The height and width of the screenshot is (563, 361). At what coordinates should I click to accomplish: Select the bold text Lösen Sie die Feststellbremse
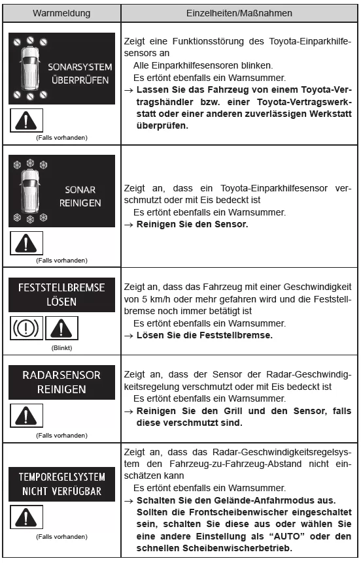coord(203,335)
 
